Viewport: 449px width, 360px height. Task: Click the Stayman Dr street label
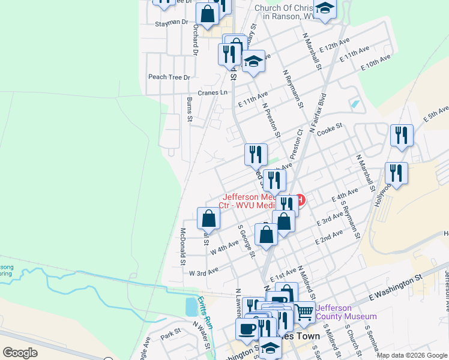[x=172, y=22]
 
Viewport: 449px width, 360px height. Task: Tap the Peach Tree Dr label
[x=169, y=77]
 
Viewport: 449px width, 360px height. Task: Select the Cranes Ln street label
[x=213, y=92]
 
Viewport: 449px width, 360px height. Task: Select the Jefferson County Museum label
[x=347, y=312]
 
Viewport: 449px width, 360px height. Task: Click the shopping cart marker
[x=305, y=311]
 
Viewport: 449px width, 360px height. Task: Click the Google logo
[x=20, y=353]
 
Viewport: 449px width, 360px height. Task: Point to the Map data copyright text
[x=411, y=355]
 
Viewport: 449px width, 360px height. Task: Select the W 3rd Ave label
[x=203, y=273]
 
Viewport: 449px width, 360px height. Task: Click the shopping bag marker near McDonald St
[x=208, y=219]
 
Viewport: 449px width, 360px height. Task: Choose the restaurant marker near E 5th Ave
[x=401, y=136]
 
